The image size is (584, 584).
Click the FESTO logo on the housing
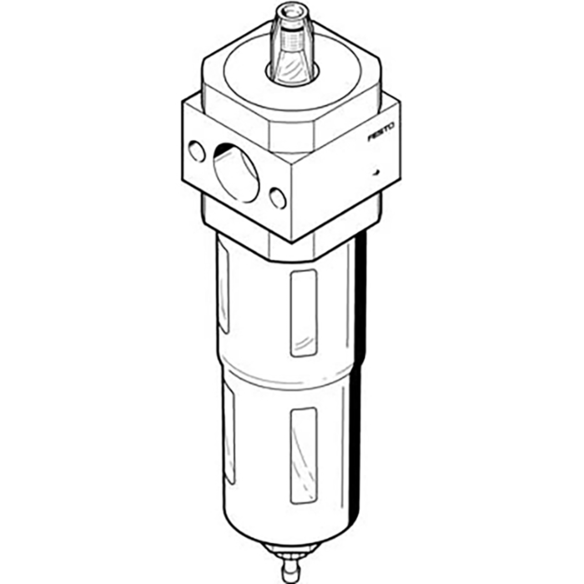(381, 133)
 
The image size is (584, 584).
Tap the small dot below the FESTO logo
(376, 172)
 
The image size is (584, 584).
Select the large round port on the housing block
(236, 173)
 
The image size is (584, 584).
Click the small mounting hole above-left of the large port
(197, 151)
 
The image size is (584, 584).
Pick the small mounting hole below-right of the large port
(278, 199)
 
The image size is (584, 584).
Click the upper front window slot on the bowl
(304, 313)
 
